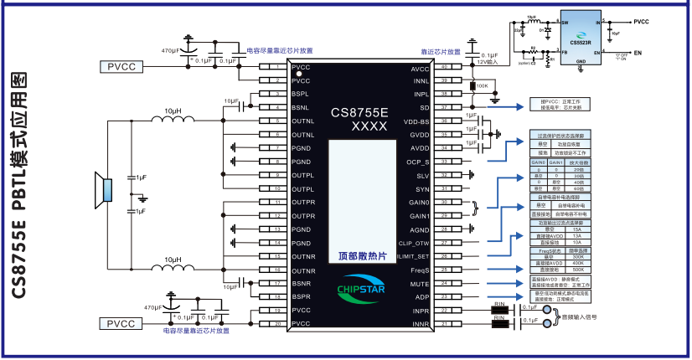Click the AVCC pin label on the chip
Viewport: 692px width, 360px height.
[420, 68]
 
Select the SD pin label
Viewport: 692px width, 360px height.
[424, 108]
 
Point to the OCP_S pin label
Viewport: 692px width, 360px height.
[417, 162]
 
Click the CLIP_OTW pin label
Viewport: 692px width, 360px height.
[414, 243]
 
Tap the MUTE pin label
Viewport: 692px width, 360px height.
[421, 283]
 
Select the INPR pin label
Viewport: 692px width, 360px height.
[421, 310]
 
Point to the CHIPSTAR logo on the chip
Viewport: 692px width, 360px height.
[359, 288]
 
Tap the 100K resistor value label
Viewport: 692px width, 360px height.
[482, 85]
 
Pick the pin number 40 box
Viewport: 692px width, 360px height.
[446, 68]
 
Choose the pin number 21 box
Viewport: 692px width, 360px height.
[446, 323]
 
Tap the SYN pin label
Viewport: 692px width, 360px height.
[422, 189]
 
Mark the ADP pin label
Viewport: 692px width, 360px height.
[422, 296]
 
